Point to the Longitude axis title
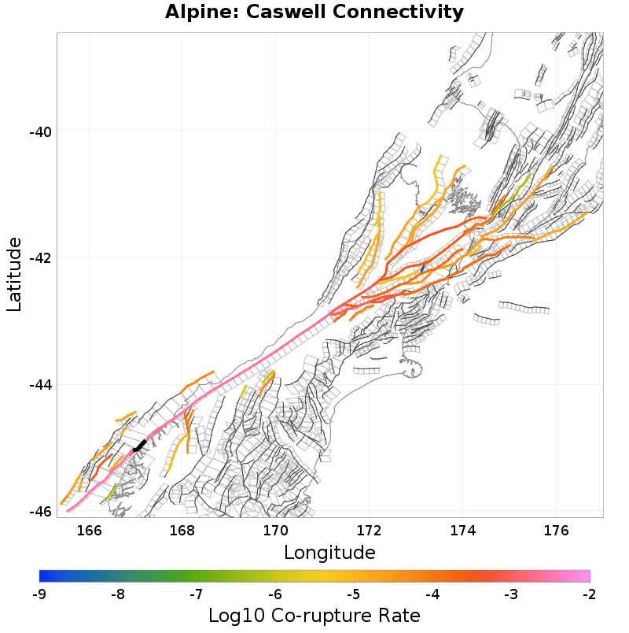[x=329, y=551]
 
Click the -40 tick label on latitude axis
[x=39, y=131]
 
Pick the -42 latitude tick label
[x=39, y=258]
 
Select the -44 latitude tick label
[x=39, y=385]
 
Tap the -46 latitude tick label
[x=39, y=512]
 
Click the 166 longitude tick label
[x=90, y=530]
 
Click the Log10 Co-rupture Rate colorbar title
[x=314, y=616]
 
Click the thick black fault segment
[x=140, y=446]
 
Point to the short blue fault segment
[x=422, y=268]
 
